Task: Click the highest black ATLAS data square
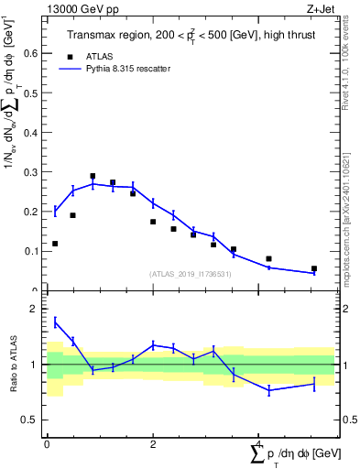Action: point(93,176)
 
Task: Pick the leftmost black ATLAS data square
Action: point(55,244)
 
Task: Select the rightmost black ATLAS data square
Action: point(314,268)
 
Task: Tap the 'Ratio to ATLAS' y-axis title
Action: point(14,364)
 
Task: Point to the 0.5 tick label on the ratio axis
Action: point(32,420)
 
